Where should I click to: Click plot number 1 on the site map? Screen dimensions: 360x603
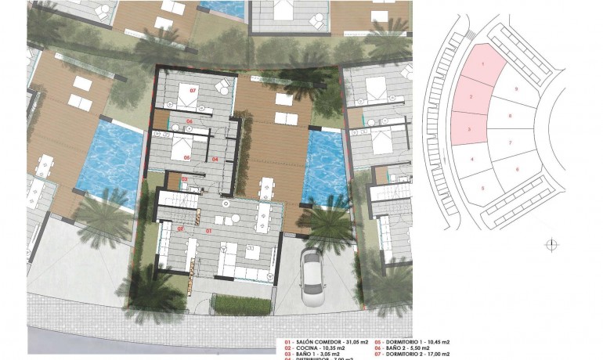click(x=483, y=63)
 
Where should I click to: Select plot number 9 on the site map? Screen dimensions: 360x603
click(x=517, y=88)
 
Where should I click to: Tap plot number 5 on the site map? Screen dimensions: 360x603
click(x=483, y=188)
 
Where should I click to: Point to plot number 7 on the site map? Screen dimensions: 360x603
click(x=510, y=143)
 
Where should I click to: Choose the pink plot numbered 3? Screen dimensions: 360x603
click(x=469, y=129)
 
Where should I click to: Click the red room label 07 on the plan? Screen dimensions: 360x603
click(x=193, y=91)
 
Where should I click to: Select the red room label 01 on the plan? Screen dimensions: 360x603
click(x=209, y=232)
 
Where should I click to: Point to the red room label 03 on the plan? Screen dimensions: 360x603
click(x=184, y=180)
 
